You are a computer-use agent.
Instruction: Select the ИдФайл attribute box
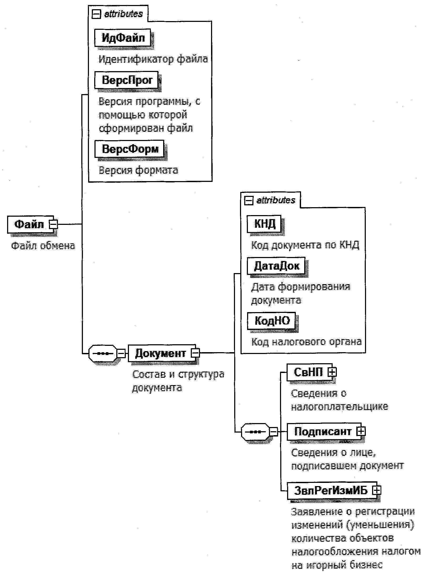[123, 38]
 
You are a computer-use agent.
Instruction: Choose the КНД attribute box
[264, 224]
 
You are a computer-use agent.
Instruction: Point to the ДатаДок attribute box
[276, 266]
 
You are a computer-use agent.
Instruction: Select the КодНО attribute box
[272, 321]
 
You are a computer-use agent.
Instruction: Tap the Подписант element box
[322, 431]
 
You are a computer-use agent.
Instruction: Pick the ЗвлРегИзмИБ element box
[330, 490]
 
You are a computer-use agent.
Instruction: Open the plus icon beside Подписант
[361, 431]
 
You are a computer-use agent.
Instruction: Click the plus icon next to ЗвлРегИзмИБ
[377, 490]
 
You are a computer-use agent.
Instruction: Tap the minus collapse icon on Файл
[54, 224]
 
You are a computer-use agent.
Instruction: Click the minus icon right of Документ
[196, 353]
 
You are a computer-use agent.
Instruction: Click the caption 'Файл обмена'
[43, 246]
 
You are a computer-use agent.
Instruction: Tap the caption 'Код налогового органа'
[307, 342]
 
